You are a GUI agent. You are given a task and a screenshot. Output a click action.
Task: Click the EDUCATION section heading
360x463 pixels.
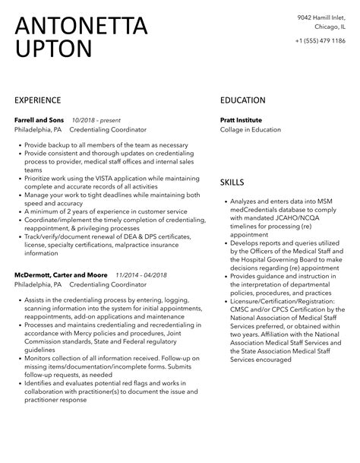coord(242,100)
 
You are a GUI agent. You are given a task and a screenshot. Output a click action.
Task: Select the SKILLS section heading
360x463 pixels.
coord(232,182)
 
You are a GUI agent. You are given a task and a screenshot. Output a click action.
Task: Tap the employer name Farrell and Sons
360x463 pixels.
coord(39,120)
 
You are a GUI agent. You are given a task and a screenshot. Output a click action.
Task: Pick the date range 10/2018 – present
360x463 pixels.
coord(96,120)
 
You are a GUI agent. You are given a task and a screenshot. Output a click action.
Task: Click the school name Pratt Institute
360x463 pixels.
coord(242,120)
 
